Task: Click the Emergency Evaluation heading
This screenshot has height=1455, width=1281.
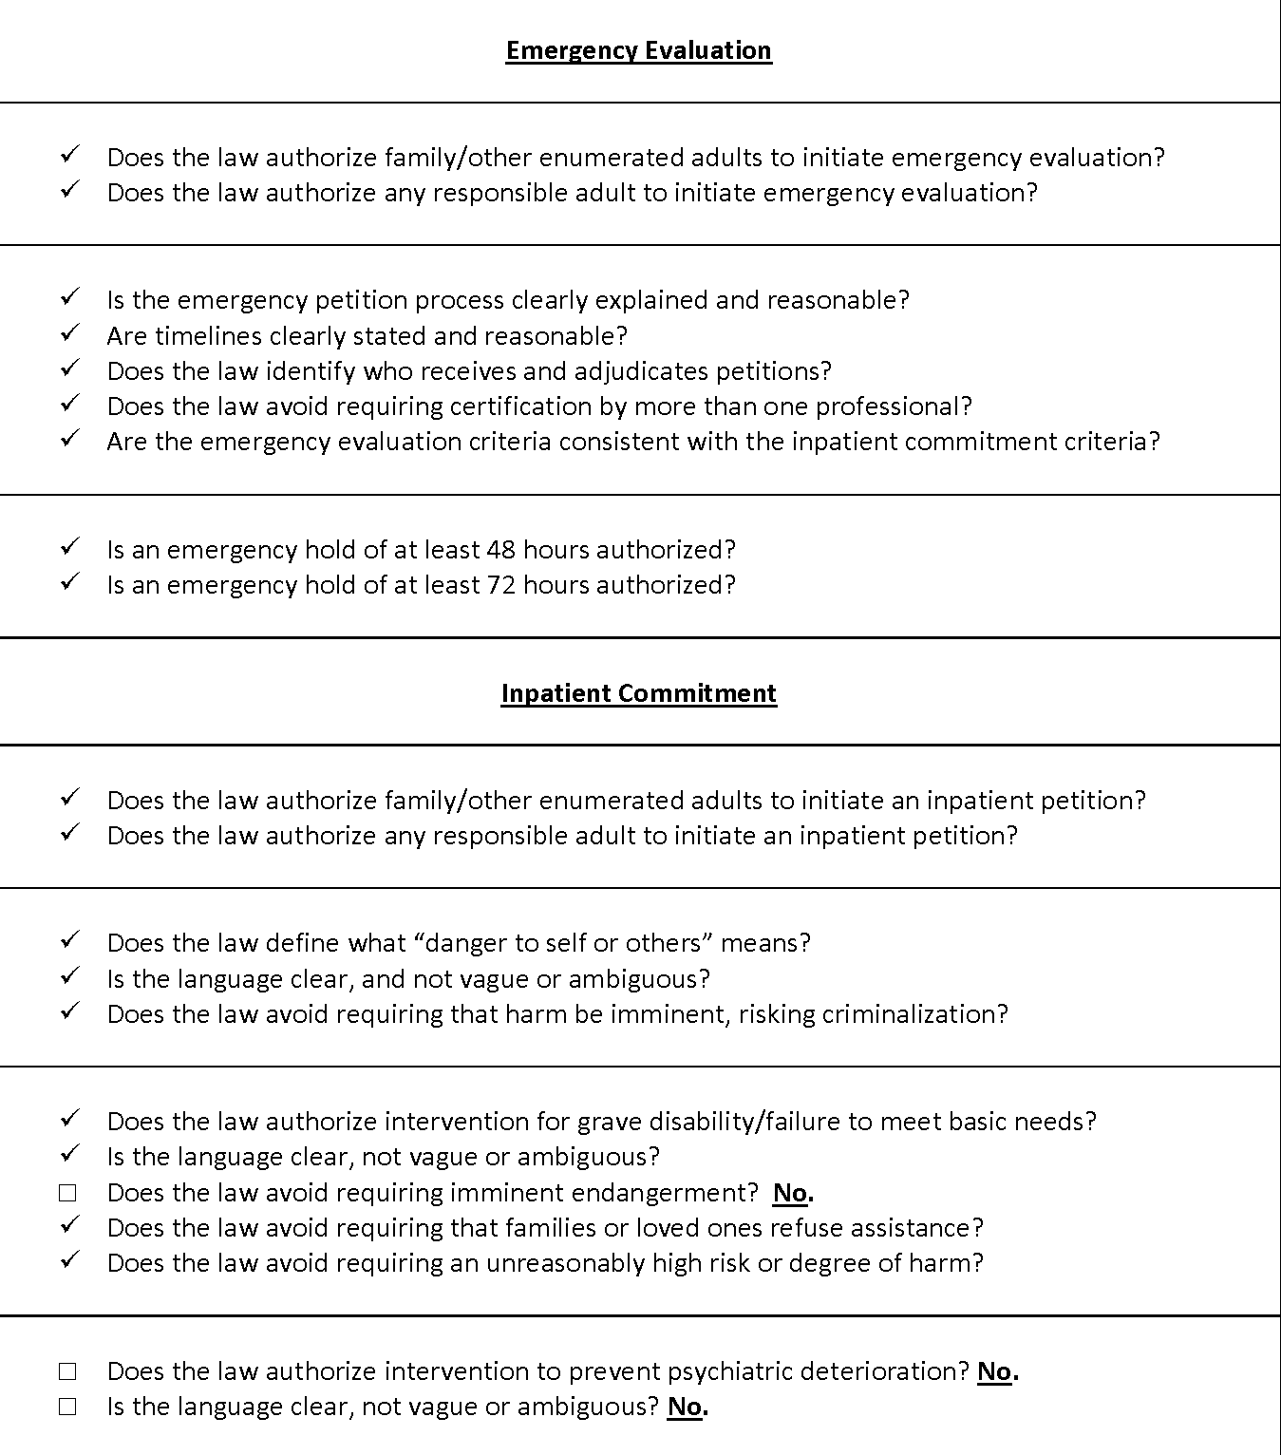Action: [x=638, y=50]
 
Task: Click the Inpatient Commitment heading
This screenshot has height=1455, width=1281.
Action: [x=638, y=693]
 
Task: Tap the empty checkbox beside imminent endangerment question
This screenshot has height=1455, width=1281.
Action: [x=67, y=1193]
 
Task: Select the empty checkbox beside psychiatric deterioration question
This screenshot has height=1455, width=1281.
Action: [x=67, y=1371]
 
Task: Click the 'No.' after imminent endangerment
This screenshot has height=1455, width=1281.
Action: [x=794, y=1193]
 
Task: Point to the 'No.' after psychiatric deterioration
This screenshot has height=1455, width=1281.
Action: [x=997, y=1371]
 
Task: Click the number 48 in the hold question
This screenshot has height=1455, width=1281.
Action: [x=500, y=550]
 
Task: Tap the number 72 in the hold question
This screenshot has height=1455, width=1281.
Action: [x=500, y=585]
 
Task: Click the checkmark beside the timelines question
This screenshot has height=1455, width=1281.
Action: [x=69, y=333]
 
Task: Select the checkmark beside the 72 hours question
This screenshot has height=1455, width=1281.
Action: [x=69, y=582]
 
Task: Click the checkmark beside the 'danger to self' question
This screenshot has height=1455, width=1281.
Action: [x=69, y=940]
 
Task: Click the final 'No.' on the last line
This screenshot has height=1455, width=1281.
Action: [x=688, y=1407]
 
